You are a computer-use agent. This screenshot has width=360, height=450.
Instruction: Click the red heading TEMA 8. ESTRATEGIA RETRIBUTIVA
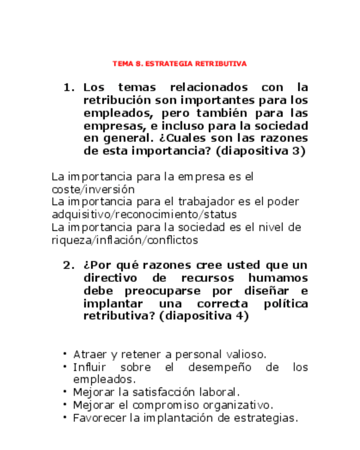coord(179,64)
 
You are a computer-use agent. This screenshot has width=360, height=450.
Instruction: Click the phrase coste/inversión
coord(93,189)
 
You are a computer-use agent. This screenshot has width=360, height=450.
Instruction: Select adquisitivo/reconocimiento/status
coord(144,215)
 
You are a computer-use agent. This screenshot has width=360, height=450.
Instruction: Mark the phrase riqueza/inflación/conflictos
coord(125,240)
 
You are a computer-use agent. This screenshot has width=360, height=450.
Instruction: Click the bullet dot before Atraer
coord(65,354)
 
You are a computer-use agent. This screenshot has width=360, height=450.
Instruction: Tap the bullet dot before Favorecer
coord(65,418)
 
